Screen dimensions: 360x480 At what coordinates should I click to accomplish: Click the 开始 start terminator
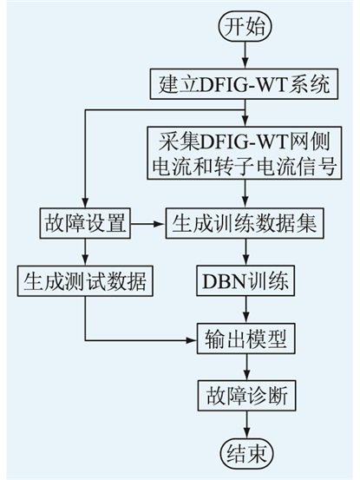coord(245,27)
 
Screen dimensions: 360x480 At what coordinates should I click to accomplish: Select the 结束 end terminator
coord(246,454)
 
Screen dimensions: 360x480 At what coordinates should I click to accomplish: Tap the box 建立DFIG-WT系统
coord(244,84)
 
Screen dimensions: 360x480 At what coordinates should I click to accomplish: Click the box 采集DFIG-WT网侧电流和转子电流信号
coord(244,153)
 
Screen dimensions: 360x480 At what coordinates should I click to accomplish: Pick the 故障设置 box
coord(85,223)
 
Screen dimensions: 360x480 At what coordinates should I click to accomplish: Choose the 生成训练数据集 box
coord(245,223)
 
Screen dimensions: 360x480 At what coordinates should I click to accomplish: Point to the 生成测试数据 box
coord(85,281)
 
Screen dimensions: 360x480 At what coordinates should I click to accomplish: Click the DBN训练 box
coord(245,281)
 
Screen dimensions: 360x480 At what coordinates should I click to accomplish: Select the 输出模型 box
coord(245,339)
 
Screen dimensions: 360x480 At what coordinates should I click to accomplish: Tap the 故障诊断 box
coord(246,396)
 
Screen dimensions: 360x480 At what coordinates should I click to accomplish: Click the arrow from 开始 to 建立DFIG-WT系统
coord(245,55)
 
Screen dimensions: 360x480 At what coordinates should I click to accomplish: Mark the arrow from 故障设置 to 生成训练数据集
coord(148,224)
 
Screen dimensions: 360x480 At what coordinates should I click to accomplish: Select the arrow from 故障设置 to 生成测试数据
coord(85,253)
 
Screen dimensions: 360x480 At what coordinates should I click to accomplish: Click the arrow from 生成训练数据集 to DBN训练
coord(245,253)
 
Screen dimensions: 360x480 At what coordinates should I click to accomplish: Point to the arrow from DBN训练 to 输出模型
coord(245,310)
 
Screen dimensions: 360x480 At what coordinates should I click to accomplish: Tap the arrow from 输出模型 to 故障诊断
coord(246,367)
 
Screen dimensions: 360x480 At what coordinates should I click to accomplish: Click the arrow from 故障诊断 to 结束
coord(246,425)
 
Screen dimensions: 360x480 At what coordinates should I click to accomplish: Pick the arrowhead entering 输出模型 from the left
coord(192,340)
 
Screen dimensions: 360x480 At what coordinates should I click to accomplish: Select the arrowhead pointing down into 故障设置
coord(85,203)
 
